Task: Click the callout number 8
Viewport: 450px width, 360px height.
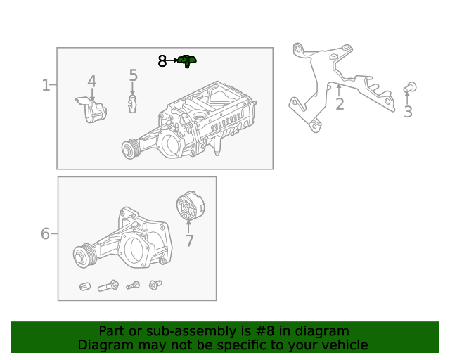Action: click(x=162, y=62)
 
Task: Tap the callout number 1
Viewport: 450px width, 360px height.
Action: click(x=46, y=86)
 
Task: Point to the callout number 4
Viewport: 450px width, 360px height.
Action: click(x=91, y=82)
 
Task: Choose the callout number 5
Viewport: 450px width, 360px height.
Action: click(x=133, y=75)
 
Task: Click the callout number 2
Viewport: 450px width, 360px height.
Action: click(x=340, y=105)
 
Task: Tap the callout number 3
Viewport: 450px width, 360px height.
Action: click(x=408, y=112)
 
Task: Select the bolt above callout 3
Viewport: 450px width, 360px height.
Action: click(x=411, y=87)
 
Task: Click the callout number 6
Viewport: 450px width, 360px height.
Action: click(x=45, y=233)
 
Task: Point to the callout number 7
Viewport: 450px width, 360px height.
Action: click(x=188, y=241)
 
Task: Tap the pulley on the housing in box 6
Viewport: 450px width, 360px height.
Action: click(x=85, y=256)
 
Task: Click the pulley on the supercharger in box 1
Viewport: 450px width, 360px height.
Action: click(x=129, y=149)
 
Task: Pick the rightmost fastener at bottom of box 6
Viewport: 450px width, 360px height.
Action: click(x=155, y=285)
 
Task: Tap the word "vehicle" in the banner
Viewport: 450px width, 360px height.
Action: click(x=343, y=345)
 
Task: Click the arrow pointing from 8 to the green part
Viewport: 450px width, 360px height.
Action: click(x=173, y=62)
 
